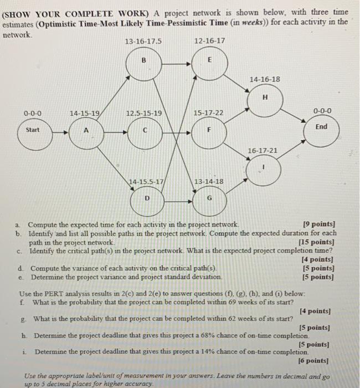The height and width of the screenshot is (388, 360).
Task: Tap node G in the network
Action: tap(209, 197)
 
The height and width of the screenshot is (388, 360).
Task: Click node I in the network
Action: tap(265, 166)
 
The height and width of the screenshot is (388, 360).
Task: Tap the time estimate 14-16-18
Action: tap(265, 80)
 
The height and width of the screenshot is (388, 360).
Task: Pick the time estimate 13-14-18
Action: tap(209, 181)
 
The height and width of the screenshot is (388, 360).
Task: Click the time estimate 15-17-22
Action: tap(209, 113)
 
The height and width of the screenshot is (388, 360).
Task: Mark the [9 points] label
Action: tap(320, 225)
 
